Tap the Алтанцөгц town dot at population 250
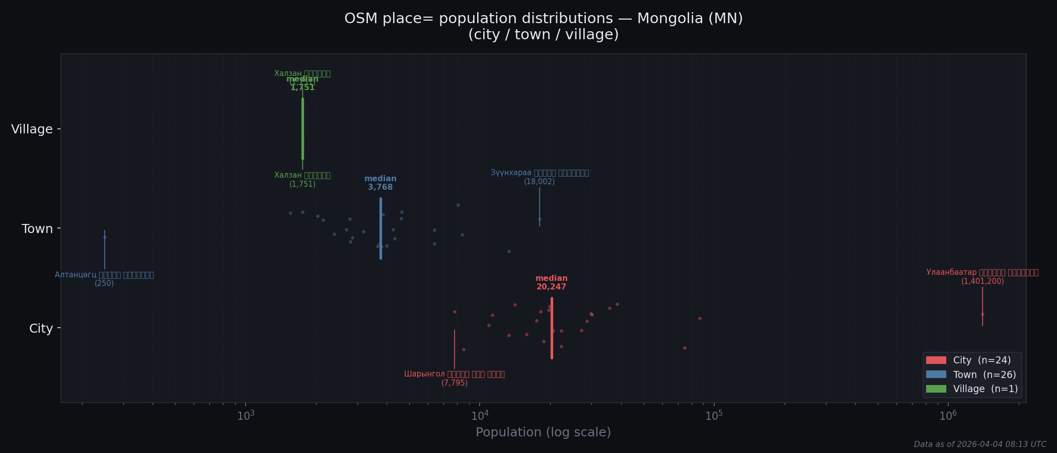(105, 237)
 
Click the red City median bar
(552, 328)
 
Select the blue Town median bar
(381, 229)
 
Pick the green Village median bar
(303, 129)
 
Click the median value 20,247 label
(551, 287)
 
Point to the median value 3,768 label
(380, 187)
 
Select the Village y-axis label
(32, 129)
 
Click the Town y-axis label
(37, 229)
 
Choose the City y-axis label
(41, 329)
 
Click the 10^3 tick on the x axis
(246, 416)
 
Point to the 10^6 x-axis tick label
(948, 416)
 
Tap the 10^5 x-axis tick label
(714, 416)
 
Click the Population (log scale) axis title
(543, 432)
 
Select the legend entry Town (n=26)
(984, 375)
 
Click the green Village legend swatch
(936, 389)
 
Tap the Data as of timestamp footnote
(979, 444)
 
